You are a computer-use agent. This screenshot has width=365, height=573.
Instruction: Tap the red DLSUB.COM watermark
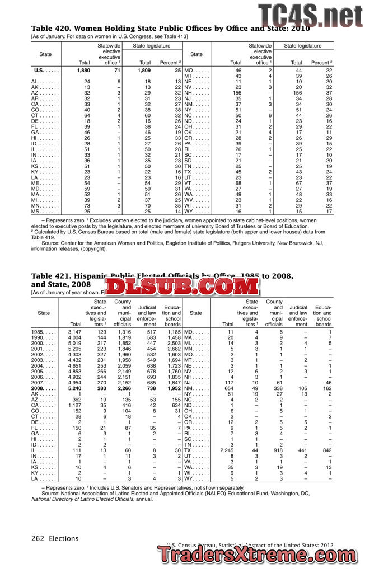tap(182, 287)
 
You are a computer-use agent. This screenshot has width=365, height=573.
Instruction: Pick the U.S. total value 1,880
tap(83, 71)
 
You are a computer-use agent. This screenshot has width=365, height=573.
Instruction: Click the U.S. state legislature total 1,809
tap(143, 71)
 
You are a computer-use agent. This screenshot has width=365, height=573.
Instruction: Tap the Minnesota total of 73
tap(87, 206)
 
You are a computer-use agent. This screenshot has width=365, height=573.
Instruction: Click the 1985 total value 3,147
tap(74, 332)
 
